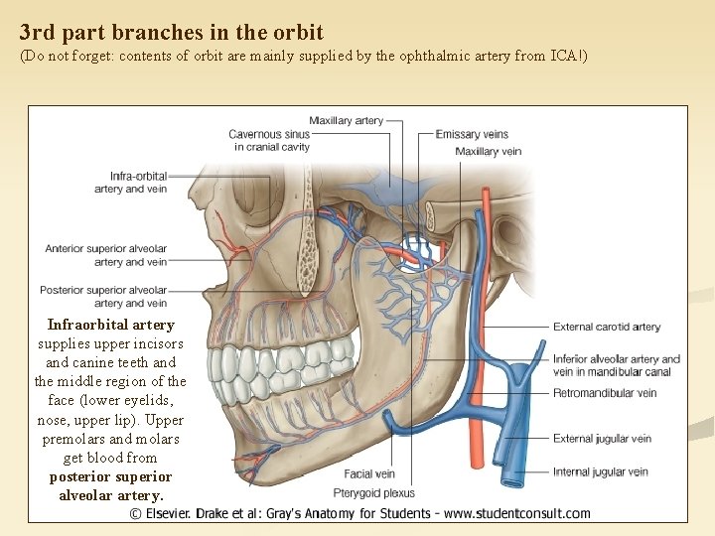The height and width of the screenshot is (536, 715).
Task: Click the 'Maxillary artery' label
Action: (346, 121)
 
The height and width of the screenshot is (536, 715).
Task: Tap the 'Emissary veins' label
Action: (472, 135)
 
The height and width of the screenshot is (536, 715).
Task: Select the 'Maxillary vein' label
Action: (488, 152)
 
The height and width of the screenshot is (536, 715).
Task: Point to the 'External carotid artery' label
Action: (606, 327)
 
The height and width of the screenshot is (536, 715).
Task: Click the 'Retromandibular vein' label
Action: (604, 393)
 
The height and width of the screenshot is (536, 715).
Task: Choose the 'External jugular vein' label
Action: (602, 439)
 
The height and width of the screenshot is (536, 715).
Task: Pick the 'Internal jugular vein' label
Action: (600, 472)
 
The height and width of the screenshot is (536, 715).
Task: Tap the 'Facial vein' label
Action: (369, 474)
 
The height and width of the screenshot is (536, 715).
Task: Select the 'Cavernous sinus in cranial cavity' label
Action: (269, 141)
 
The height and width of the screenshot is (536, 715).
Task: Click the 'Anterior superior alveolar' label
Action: (105, 248)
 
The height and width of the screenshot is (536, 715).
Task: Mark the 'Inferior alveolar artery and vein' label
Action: (616, 365)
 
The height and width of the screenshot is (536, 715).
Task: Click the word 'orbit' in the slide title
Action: (299, 33)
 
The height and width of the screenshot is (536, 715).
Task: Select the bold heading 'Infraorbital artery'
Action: (110, 325)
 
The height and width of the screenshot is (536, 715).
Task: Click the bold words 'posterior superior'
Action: (110, 476)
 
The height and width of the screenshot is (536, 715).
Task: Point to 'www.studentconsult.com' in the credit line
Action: (515, 514)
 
